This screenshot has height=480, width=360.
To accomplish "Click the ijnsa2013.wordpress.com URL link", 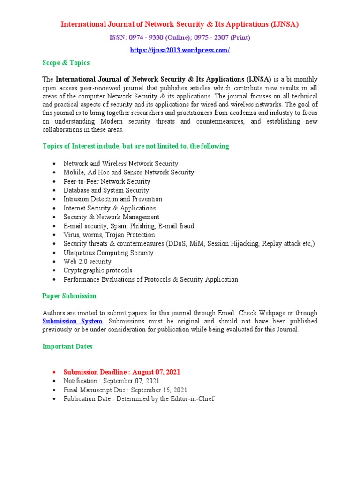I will [180, 50].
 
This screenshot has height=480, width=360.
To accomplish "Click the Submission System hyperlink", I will [72, 321].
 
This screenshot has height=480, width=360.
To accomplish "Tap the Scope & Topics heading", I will [66, 62].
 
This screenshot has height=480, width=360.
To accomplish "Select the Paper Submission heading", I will [69, 296].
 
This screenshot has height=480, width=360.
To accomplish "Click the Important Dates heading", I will [67, 346].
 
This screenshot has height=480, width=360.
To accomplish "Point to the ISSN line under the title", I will [180, 37].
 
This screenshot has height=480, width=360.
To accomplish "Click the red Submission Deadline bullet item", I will [122, 372].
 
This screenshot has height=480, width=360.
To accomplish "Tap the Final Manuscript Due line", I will [125, 390].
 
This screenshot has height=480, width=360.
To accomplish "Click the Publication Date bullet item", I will [139, 398].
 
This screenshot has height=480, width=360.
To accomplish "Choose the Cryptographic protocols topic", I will [98, 270].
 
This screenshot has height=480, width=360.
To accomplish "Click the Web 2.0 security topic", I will [87, 262].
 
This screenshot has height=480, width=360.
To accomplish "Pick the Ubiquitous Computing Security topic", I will [108, 253].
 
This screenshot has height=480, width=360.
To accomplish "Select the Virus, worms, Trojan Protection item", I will [109, 235].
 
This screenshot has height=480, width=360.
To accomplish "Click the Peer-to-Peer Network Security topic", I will [107, 181].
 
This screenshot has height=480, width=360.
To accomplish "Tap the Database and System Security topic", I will [106, 190].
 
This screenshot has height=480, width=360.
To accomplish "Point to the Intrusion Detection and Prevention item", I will [113, 199].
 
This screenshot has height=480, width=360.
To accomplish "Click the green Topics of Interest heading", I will [135, 146].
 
